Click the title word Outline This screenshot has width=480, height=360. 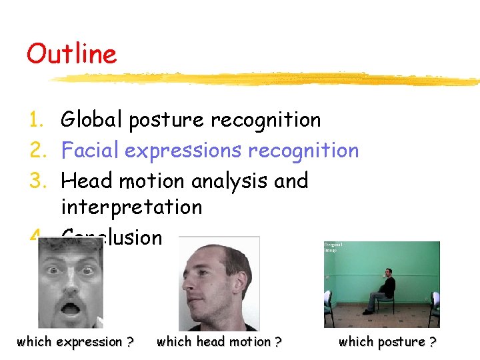71,54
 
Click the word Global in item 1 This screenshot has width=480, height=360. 92,120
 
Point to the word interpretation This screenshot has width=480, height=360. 131,207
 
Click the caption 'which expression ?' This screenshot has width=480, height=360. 75,342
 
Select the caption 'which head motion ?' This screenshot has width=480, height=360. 219,342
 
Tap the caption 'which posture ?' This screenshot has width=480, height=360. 387,342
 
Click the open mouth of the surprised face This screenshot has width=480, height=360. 69,312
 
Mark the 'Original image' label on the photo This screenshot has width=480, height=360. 334,247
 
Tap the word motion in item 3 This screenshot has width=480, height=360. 155,181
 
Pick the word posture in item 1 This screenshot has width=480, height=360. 167,121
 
